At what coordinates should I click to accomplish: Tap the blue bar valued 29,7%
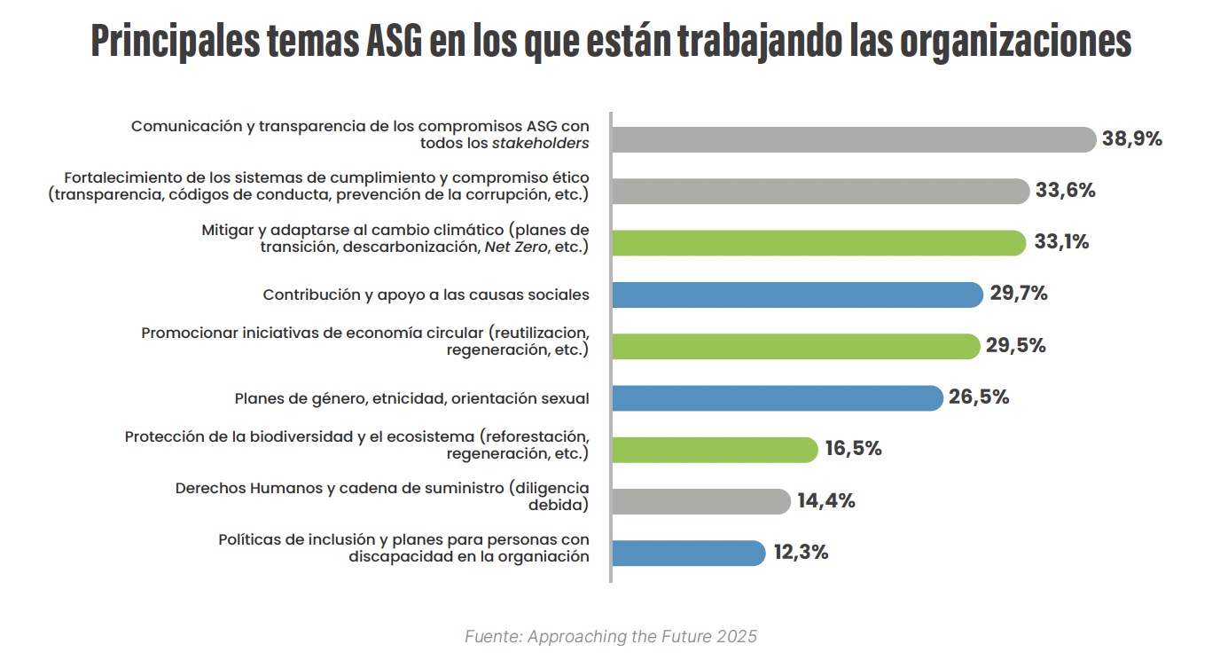point(797,295)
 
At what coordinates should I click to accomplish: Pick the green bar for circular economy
point(795,346)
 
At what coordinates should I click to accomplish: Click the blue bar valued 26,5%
point(777,397)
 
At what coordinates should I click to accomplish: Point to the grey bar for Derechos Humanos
point(700,501)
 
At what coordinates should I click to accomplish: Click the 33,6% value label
point(1065,191)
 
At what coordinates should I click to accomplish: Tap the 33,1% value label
point(1061,242)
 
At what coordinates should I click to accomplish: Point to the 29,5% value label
point(1016,346)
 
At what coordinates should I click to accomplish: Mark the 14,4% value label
point(825,501)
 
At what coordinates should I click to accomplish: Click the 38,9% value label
point(1132,139)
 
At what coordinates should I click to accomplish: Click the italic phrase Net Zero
point(514,247)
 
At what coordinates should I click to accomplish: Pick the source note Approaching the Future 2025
point(610,637)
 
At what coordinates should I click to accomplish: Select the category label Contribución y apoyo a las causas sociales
point(426,295)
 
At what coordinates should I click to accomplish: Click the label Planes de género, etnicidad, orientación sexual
point(411,398)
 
